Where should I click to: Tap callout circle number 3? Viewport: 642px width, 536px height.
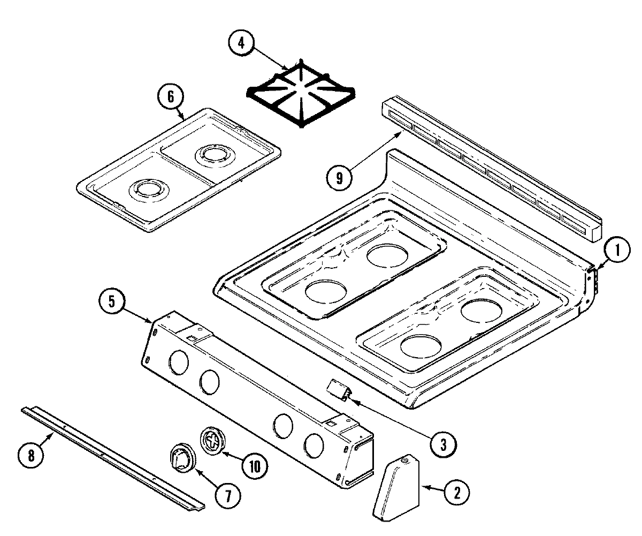444,443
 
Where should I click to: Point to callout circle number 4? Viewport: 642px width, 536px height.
241,43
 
